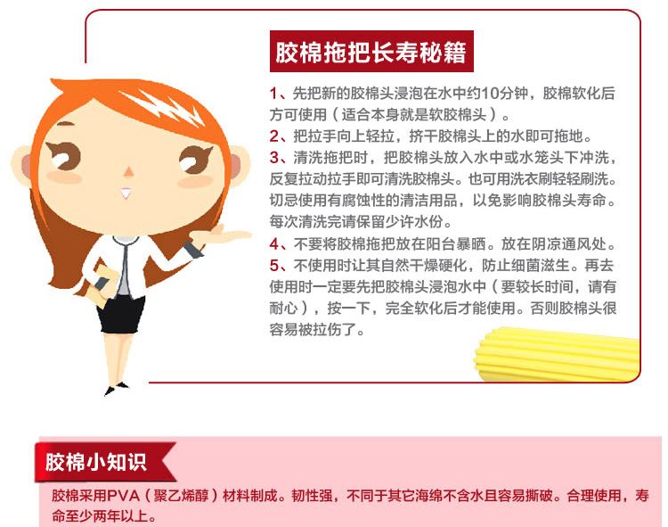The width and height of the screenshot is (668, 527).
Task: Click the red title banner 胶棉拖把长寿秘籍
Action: pyautogui.click(x=371, y=51)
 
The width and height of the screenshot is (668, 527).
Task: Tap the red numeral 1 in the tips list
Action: pyautogui.click(x=273, y=93)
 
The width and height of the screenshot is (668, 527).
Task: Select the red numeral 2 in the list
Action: pyautogui.click(x=274, y=136)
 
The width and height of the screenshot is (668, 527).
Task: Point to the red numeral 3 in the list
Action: pyautogui.click(x=274, y=158)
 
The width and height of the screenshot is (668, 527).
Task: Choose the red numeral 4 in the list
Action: pyautogui.click(x=274, y=244)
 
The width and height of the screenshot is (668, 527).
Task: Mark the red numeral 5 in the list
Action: pyautogui.click(x=274, y=266)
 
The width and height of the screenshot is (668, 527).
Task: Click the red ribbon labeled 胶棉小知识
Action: pyautogui.click(x=105, y=462)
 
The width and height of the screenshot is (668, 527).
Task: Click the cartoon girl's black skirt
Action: pyautogui.click(x=120, y=314)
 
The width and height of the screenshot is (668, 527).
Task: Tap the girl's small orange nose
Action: pyautogui.click(x=128, y=172)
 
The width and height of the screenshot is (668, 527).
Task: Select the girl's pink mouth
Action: pyautogui.click(x=126, y=194)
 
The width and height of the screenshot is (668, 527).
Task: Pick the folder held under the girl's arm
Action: pyautogui.click(x=100, y=284)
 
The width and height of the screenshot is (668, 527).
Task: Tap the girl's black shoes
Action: pyautogui.click(x=116, y=388)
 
